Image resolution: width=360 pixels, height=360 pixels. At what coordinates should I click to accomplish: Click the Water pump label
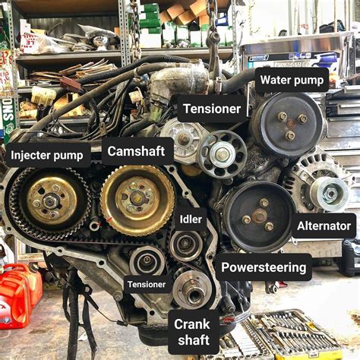click(x=292, y=80)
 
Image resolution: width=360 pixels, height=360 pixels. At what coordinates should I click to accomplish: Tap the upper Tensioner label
click(x=212, y=109)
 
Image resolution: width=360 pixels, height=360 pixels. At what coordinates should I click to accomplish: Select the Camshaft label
click(x=136, y=151)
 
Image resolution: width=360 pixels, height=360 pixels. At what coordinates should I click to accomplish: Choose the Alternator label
click(x=324, y=226)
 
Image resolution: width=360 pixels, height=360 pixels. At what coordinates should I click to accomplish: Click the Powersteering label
click(x=264, y=267)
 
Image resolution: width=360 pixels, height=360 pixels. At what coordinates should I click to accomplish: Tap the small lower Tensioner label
click(x=147, y=285)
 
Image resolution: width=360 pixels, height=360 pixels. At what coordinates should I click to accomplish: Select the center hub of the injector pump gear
click(x=50, y=201)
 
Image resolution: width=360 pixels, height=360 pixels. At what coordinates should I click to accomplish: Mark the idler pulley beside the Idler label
click(x=185, y=245)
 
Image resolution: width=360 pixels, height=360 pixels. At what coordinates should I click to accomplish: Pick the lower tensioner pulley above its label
click(x=146, y=261)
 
